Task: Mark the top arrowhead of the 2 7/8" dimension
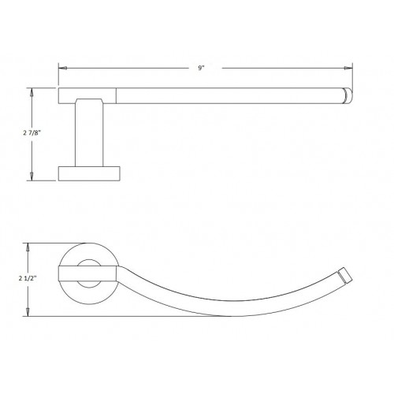[x=33, y=91]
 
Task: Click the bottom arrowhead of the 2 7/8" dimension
[x=33, y=179]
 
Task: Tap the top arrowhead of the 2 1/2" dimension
[x=32, y=244]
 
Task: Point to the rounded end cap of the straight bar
[x=346, y=96]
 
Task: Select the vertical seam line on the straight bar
[x=118, y=96]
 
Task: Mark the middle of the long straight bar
[x=229, y=96]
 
